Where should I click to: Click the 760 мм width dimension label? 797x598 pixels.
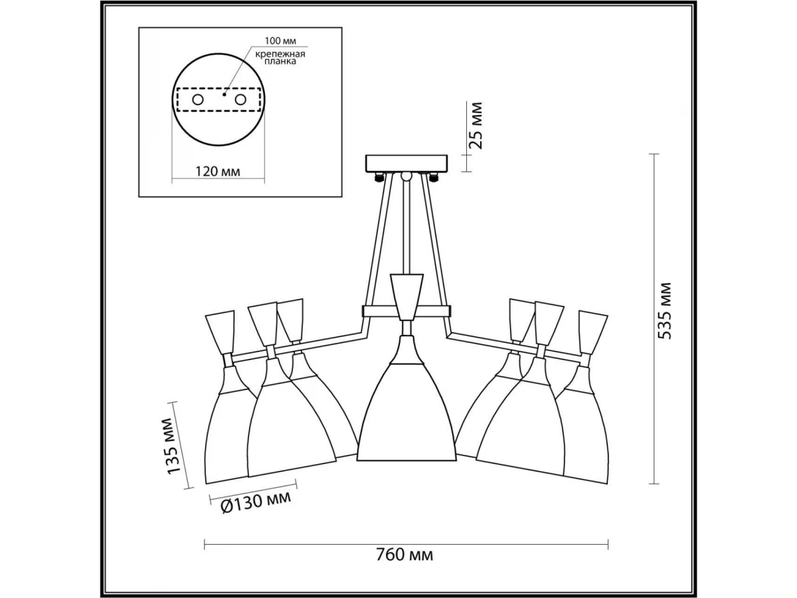[404, 565]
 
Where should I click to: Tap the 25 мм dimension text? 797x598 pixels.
[476, 126]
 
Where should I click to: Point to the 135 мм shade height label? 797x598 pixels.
[174, 447]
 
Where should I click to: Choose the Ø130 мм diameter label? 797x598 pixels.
[256, 502]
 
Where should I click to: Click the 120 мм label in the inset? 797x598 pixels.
[218, 171]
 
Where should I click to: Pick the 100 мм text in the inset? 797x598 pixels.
[280, 41]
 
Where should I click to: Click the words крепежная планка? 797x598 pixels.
[280, 58]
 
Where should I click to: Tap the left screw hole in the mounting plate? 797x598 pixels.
[198, 100]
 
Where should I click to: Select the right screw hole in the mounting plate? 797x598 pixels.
[240, 100]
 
